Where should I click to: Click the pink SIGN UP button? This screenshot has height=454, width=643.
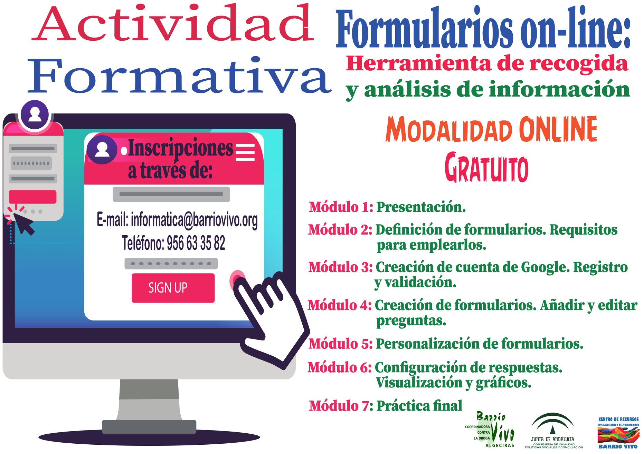pos(173,288)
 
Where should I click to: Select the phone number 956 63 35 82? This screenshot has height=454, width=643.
pos(196,243)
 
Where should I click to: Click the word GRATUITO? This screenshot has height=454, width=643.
pos(486,168)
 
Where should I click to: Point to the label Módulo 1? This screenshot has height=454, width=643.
pos(341,207)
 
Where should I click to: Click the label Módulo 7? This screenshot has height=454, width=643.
pos(341,406)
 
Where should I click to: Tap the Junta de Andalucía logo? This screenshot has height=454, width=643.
pos(554,431)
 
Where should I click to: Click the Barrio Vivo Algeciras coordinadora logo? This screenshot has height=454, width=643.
pos(490,430)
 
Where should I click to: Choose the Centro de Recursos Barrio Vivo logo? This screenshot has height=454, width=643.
pos(618,433)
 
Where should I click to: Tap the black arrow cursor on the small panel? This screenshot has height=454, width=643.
pos(23,224)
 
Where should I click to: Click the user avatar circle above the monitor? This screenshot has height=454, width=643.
pos(35,115)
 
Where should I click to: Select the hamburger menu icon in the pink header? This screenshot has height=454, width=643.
pos(245,152)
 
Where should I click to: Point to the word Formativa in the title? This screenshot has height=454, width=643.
pos(179,76)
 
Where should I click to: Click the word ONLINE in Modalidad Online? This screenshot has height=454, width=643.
pos(558,129)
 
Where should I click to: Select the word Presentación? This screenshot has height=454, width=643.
pos(421,207)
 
